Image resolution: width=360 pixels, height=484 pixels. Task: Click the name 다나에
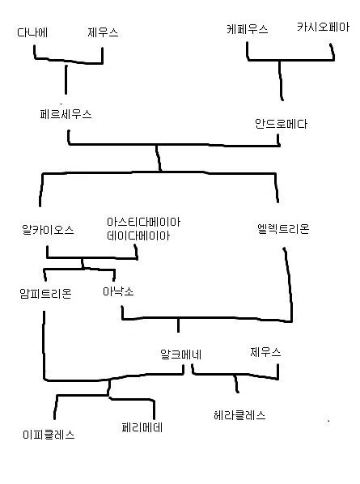click(x=32, y=32)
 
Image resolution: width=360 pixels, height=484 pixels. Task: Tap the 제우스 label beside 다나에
click(x=103, y=32)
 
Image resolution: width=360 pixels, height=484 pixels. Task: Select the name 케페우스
click(x=248, y=29)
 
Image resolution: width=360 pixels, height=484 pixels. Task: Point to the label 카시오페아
click(x=323, y=27)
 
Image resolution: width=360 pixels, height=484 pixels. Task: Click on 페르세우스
click(x=66, y=114)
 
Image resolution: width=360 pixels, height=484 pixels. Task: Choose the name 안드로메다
click(x=281, y=124)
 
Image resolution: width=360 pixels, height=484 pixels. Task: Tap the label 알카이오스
click(x=48, y=230)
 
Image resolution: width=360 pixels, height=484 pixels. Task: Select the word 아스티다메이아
click(x=143, y=222)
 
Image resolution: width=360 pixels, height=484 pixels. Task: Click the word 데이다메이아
click(x=138, y=236)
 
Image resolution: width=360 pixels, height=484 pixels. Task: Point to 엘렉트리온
click(x=283, y=229)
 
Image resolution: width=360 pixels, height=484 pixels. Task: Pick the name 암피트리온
click(x=45, y=293)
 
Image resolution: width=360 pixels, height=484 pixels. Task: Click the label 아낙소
click(x=118, y=291)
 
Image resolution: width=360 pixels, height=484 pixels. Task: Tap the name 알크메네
click(x=180, y=355)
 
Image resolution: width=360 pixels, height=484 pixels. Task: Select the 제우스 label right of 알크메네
click(x=265, y=352)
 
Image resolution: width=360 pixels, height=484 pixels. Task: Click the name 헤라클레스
click(x=239, y=415)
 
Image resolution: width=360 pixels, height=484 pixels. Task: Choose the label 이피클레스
click(x=49, y=435)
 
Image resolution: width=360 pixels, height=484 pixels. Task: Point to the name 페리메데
click(x=142, y=427)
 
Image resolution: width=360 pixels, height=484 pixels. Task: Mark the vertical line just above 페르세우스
click(x=66, y=79)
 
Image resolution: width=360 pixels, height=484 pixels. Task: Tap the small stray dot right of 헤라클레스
click(x=328, y=421)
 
